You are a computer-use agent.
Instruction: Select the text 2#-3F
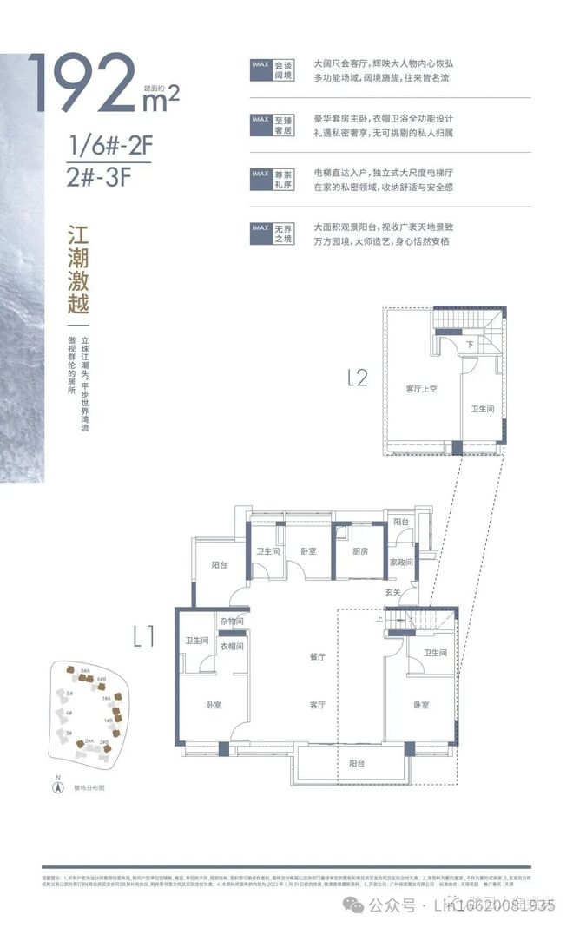pos(102,177)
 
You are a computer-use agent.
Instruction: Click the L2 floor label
pos(358,378)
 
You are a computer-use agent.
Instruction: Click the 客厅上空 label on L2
pos(420,388)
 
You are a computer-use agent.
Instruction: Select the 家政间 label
pos(401,563)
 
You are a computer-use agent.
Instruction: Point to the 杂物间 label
pos(230,622)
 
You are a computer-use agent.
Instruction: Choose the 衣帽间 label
pos(230,646)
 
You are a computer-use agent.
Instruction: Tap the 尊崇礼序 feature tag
pos(281,178)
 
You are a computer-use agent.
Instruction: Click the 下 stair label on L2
pos(470,345)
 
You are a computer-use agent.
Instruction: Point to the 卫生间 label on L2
pos(482,408)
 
